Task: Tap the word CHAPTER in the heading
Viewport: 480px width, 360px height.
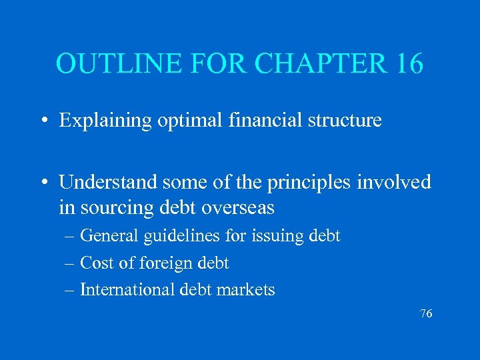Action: click(309, 63)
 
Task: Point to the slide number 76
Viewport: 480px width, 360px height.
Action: click(426, 313)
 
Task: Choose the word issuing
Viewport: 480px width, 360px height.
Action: click(275, 236)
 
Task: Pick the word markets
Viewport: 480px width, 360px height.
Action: click(249, 290)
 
